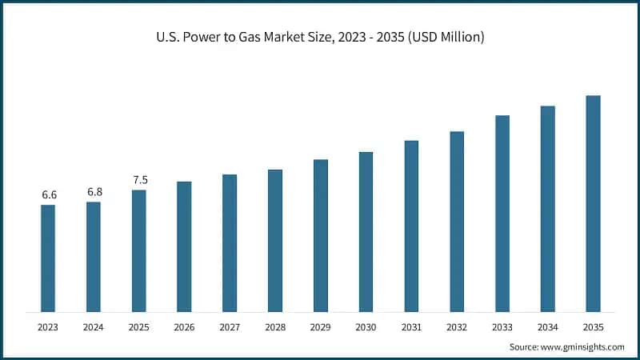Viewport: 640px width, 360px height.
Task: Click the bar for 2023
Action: click(x=48, y=258)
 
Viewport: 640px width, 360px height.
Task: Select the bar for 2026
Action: click(x=184, y=246)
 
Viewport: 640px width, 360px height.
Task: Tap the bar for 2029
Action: click(x=320, y=235)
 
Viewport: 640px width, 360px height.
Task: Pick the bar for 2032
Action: click(x=457, y=221)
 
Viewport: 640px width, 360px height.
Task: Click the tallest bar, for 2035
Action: click(x=593, y=203)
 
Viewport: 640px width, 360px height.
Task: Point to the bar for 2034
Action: click(x=547, y=208)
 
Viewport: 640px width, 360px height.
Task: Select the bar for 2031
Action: click(x=411, y=226)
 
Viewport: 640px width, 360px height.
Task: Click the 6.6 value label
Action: click(x=48, y=195)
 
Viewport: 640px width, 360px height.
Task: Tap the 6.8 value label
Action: click(x=94, y=192)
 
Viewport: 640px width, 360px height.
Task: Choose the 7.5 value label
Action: click(x=139, y=180)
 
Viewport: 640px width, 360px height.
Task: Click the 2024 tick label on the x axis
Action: click(x=94, y=327)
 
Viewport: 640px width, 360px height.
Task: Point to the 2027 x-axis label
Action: click(x=230, y=327)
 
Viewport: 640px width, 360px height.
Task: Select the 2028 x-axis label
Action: click(x=274, y=327)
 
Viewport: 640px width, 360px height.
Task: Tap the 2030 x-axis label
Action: click(x=366, y=327)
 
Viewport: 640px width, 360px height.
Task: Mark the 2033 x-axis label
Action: click(x=502, y=327)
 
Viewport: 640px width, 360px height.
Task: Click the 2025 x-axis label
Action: click(x=139, y=327)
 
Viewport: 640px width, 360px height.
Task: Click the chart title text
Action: click(x=320, y=38)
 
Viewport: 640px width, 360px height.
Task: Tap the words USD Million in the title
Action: click(x=451, y=38)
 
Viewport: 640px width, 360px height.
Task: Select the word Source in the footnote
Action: click(x=525, y=347)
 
